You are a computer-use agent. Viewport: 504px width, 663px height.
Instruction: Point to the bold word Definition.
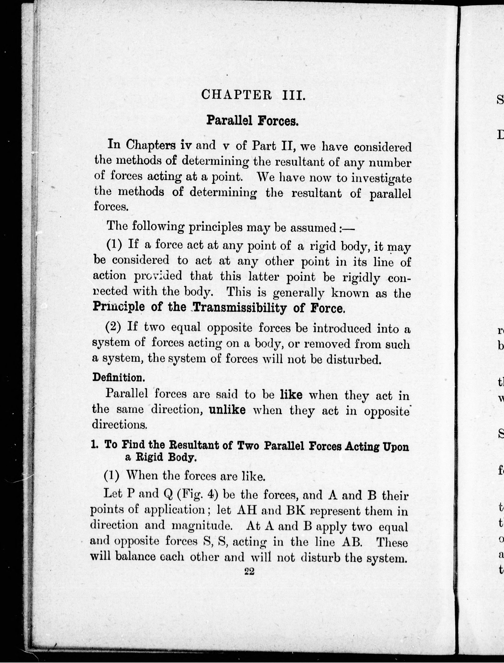(x=119, y=377)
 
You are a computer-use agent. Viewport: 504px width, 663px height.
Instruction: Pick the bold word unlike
(x=227, y=410)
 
